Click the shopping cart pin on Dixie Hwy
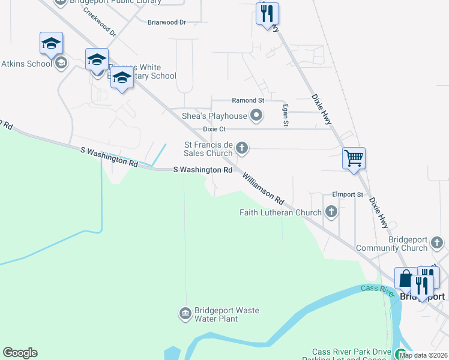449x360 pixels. click(354, 158)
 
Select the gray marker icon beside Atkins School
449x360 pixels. click(61, 63)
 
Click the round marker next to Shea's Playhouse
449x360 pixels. click(257, 116)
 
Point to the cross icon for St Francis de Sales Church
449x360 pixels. click(242, 148)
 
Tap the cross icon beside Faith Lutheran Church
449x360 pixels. click(331, 212)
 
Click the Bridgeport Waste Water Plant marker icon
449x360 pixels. click(185, 314)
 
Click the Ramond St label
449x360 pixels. click(248, 100)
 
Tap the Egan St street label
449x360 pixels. click(286, 115)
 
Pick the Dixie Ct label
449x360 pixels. click(214, 129)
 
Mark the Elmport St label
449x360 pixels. click(348, 195)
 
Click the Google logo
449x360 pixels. click(20, 353)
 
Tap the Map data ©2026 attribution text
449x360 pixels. click(423, 355)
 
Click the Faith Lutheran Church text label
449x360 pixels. click(280, 212)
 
